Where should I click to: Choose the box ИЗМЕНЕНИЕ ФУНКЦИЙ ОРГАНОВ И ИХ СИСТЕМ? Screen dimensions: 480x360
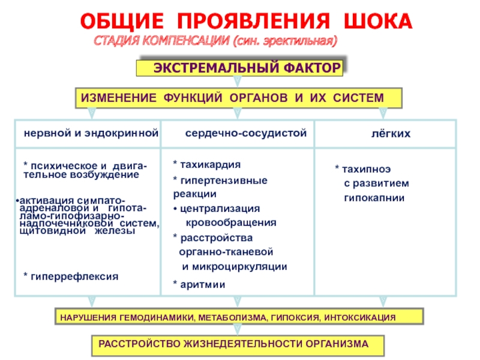point(237,97)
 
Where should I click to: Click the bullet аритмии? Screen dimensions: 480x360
point(203,284)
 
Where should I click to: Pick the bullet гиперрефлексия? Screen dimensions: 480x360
point(74,276)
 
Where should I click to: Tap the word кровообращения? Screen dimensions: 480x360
point(231,222)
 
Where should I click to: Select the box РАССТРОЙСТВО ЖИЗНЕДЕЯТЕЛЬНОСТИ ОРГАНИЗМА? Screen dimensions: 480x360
point(241,344)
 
